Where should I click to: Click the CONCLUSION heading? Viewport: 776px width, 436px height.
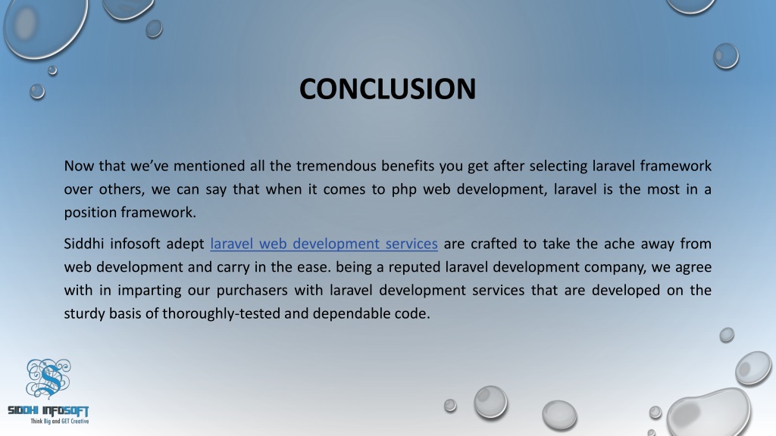pos(387,89)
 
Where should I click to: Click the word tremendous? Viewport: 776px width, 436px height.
pos(336,166)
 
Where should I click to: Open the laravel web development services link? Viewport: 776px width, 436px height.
pos(324,244)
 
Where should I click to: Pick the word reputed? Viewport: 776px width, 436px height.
pos(415,267)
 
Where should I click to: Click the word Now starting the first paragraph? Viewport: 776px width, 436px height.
pos(79,166)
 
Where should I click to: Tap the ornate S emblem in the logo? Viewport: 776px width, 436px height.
pos(48,378)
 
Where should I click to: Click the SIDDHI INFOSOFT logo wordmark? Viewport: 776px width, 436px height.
pos(48,411)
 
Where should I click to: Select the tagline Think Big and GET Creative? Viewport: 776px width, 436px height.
pos(59,421)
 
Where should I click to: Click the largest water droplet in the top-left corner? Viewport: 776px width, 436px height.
pos(46,27)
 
